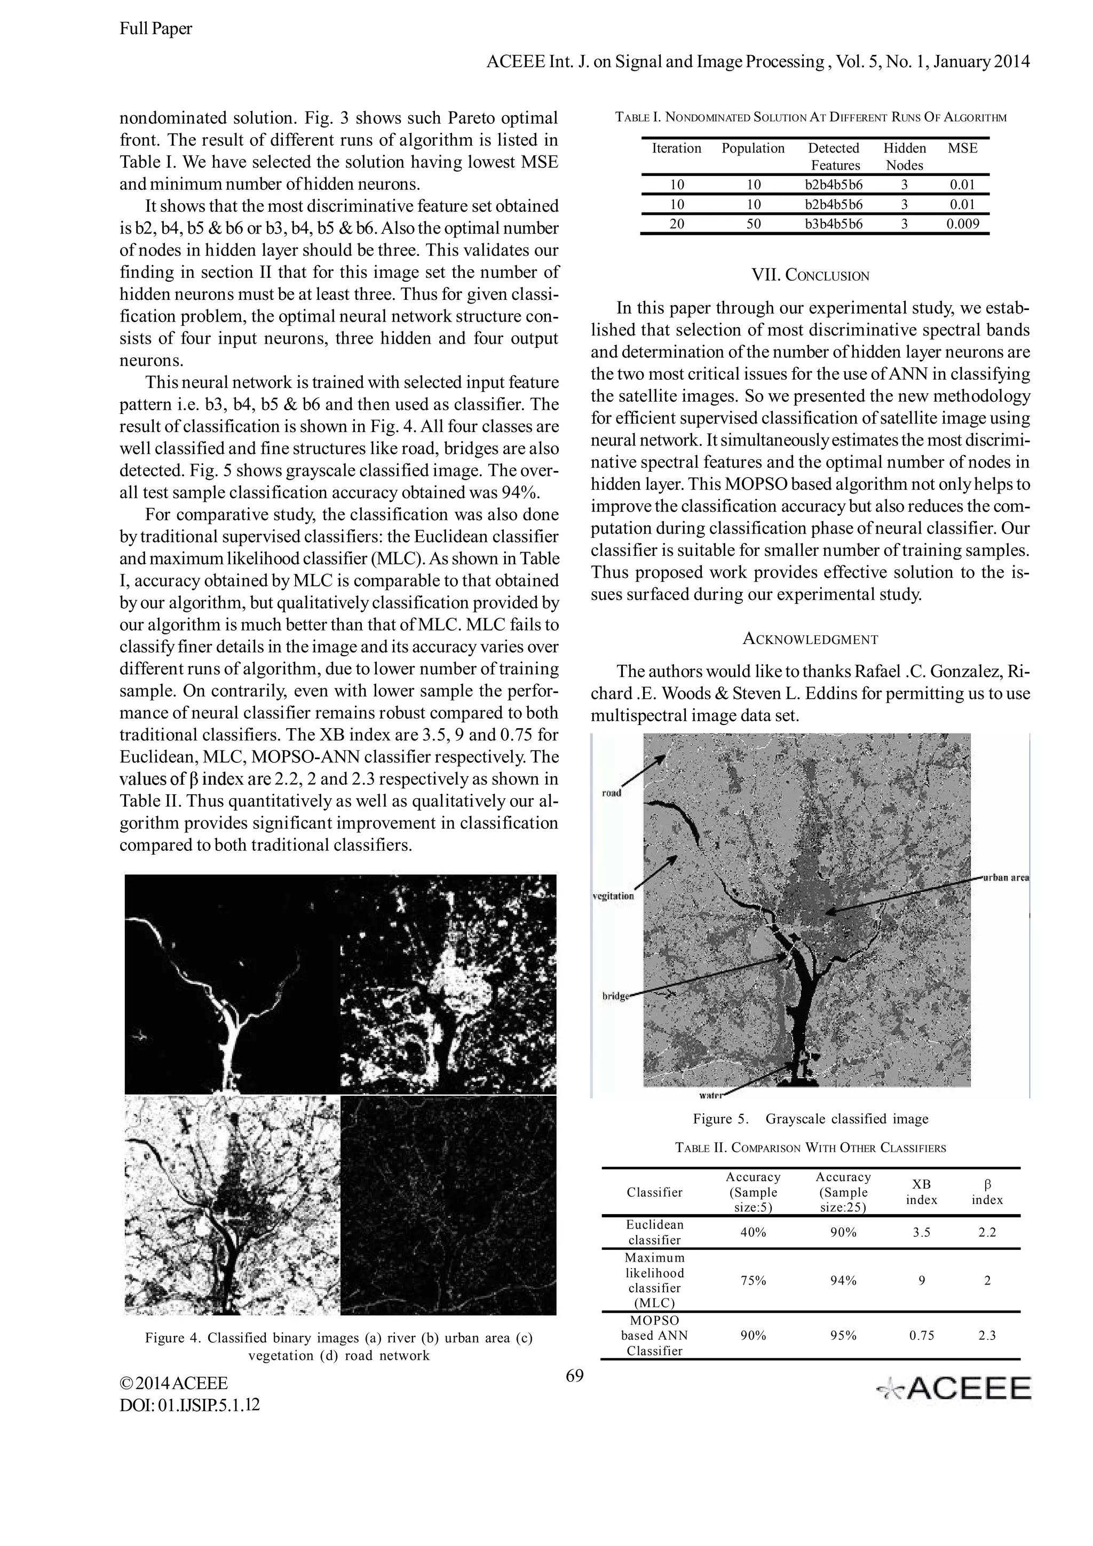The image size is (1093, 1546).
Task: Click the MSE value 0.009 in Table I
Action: [962, 224]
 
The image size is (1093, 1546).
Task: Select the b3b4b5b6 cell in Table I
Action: [834, 224]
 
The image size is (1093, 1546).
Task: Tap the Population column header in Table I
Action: [753, 148]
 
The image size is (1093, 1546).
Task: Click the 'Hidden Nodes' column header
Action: [905, 156]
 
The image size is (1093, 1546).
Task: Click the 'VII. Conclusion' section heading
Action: [810, 275]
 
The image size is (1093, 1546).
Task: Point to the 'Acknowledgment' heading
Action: [810, 639]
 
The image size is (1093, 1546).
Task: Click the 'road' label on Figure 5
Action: [611, 793]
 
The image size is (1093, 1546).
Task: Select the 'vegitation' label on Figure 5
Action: [613, 896]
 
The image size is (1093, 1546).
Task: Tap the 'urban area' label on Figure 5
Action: [1005, 878]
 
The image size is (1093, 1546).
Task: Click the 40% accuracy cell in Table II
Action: [753, 1232]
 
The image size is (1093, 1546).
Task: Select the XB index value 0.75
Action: [921, 1335]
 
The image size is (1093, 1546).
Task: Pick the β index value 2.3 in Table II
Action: [987, 1335]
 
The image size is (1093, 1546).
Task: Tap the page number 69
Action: [574, 1375]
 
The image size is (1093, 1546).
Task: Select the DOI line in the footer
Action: [189, 1405]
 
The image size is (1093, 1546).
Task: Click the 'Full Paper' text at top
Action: [155, 28]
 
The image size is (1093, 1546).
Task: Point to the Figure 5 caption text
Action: [810, 1119]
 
